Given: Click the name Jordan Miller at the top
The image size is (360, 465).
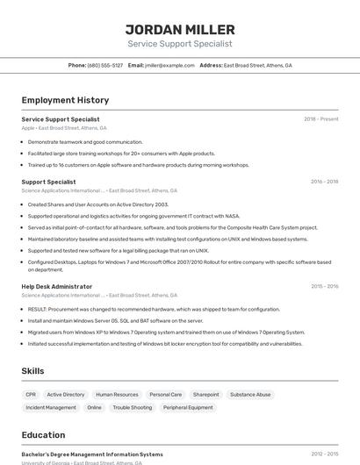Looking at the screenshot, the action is [180, 29].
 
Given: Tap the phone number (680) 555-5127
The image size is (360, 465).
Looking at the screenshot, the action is [105, 65].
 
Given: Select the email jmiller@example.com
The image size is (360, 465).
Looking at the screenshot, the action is [169, 65].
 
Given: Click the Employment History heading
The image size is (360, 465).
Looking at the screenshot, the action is [65, 100].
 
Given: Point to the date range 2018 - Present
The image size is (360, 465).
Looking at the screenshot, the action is [321, 119].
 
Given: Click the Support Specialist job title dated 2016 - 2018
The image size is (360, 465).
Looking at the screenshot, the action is [48, 182].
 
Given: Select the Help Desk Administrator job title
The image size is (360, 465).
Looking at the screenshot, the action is [56, 286].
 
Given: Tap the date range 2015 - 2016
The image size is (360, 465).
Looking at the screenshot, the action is [324, 286].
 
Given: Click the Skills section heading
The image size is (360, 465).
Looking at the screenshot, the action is [32, 371].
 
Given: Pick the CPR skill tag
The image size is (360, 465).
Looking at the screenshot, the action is [31, 395].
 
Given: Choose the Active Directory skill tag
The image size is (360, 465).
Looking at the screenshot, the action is [66, 395].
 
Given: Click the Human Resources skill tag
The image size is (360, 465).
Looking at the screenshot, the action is [117, 395].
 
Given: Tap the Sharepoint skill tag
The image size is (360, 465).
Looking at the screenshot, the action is [205, 395].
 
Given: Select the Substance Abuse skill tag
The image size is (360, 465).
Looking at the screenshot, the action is [250, 395].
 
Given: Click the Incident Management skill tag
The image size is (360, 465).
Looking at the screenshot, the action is [51, 407].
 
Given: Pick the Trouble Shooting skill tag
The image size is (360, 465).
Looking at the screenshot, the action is [132, 407].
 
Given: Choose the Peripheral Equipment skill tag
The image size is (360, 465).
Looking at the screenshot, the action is [188, 407].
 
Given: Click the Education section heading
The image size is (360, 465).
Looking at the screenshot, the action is [43, 434].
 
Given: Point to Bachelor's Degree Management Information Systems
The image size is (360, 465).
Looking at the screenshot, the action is [92, 454].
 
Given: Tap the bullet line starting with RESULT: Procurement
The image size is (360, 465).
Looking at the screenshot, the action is [154, 309].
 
